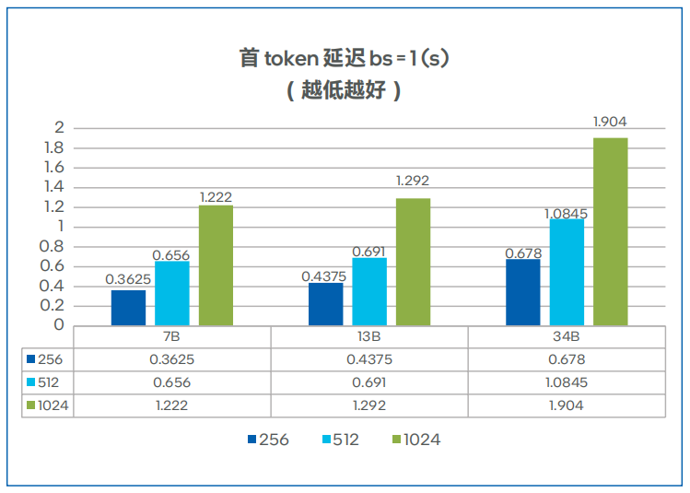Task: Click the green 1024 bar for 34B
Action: pyautogui.click(x=610, y=231)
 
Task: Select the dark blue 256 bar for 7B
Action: pyautogui.click(x=128, y=307)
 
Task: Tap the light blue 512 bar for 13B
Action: pyautogui.click(x=368, y=291)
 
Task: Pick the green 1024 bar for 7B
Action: pyautogui.click(x=216, y=264)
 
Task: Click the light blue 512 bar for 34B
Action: pyautogui.click(x=567, y=272)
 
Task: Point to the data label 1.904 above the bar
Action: pyautogui.click(x=610, y=122)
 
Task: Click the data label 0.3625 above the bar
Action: pyautogui.click(x=128, y=278)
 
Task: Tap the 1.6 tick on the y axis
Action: pyautogui.click(x=53, y=167)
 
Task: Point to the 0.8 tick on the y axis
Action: pyautogui.click(x=53, y=246)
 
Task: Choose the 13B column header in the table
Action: pyautogui.click(x=369, y=336)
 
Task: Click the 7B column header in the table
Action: pyautogui.click(x=171, y=336)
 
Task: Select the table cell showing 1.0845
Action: pyautogui.click(x=567, y=382)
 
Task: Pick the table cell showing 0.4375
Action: pyautogui.click(x=369, y=360)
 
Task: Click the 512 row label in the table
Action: pyautogui.click(x=47, y=382)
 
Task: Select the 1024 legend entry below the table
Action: pyautogui.click(x=416, y=440)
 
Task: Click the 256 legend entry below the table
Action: pyautogui.click(x=268, y=440)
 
